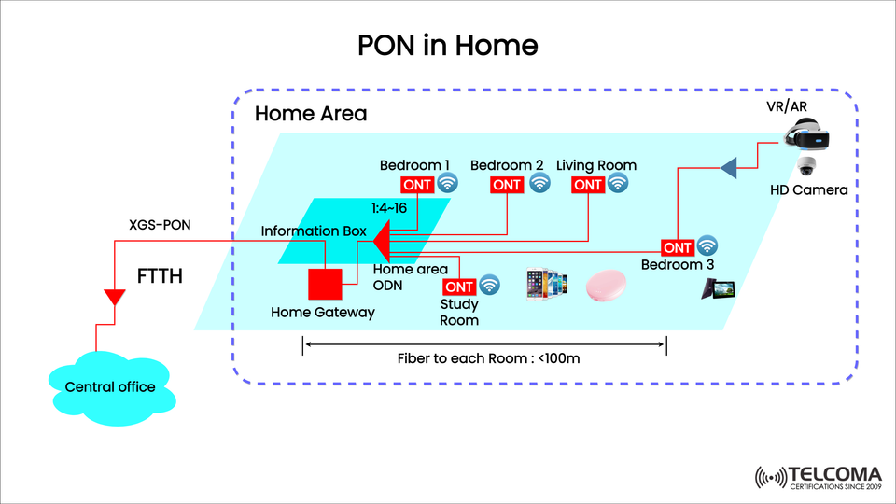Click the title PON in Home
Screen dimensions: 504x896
coord(448,45)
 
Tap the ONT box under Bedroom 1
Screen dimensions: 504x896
coord(417,184)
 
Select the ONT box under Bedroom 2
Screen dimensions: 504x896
coord(507,184)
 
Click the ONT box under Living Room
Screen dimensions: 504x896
coord(588,184)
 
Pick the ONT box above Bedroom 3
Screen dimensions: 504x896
coord(676,247)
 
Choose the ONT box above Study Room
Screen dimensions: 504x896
coord(459,287)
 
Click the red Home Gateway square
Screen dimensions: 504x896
coord(323,283)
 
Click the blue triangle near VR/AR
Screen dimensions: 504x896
coord(729,167)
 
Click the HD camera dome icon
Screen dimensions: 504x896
coord(807,168)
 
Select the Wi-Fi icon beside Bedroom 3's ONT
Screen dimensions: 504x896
coord(707,246)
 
